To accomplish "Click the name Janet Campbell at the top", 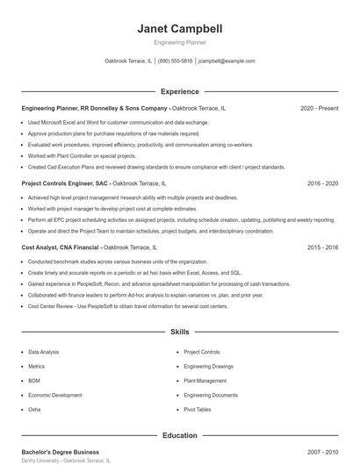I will [x=180, y=29].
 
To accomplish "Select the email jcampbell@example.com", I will [x=227, y=61].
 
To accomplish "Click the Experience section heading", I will [x=180, y=91].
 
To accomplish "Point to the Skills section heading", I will [x=180, y=333].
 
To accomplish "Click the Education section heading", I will [x=180, y=435].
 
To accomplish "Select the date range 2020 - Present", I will [x=319, y=108].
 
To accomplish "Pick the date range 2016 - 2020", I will [x=322, y=184].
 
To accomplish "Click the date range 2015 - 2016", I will [x=322, y=248].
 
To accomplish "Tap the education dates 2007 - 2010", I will [x=322, y=452].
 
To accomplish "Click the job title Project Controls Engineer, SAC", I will [x=65, y=184].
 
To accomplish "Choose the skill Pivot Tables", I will [x=198, y=410].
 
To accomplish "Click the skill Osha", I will [x=34, y=410].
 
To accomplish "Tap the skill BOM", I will [x=34, y=381].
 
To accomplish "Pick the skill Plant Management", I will [x=205, y=381].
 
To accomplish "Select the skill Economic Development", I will [x=54, y=395].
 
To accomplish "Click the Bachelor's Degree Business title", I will [x=61, y=452].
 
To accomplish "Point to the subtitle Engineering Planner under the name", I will [x=180, y=43].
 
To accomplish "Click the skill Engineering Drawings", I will [x=208, y=366].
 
